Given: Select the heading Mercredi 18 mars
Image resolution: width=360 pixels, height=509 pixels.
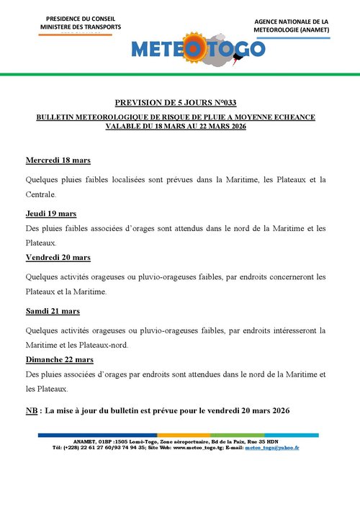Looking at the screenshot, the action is [58, 160].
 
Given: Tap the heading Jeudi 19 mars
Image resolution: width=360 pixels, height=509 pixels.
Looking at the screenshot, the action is [50, 214].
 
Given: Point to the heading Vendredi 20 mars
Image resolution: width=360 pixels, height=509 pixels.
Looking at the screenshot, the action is [58, 257].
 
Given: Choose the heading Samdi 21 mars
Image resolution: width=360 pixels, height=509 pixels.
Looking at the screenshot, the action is [52, 311].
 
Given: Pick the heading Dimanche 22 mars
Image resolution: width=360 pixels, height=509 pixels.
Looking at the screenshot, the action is [59, 359].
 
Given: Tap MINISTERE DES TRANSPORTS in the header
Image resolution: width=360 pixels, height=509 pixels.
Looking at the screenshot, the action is [80, 27].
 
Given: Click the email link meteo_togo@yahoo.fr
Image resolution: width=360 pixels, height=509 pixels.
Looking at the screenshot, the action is [272, 448].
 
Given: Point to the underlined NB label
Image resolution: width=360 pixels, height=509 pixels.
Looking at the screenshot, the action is [32, 410].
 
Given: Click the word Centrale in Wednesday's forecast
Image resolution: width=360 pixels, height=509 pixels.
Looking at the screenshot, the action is [40, 194].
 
